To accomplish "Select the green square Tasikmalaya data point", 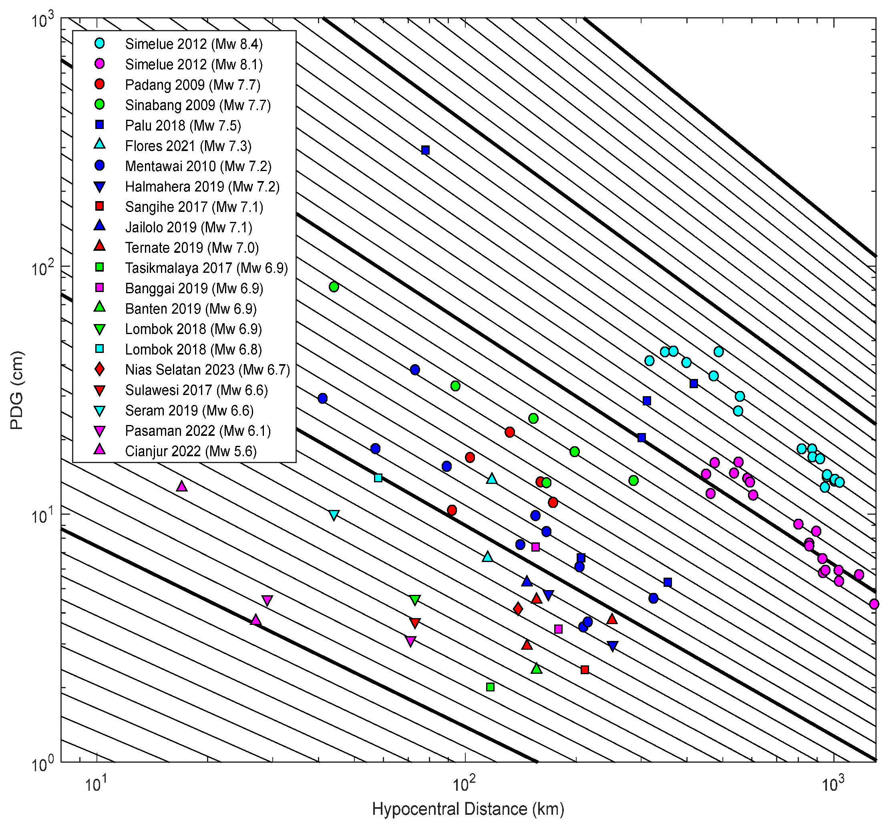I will tap(490, 687).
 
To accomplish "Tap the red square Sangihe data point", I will tap(585, 670).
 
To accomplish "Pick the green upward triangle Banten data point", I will tap(537, 669).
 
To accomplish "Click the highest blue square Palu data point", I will tap(426, 150).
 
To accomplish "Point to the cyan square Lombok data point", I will tap(378, 478).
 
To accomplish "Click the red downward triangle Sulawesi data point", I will tap(415, 623).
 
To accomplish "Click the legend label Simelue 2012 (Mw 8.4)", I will tap(194, 44).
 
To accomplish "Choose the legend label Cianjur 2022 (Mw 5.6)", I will tap(191, 451).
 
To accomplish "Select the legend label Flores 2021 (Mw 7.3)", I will tap(188, 146).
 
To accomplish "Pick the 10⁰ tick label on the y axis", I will tap(42, 764).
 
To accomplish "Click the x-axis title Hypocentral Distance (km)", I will tap(468, 809).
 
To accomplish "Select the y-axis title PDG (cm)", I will tap(17, 391).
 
